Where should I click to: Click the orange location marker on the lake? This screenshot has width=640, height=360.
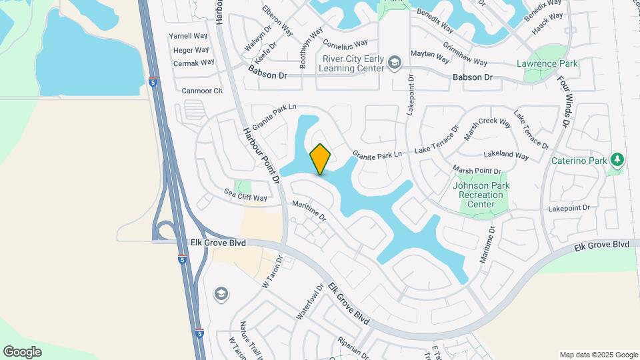[x=321, y=159]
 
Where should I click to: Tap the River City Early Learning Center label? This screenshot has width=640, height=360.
[x=353, y=63]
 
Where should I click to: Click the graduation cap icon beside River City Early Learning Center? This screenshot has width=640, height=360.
[x=395, y=63]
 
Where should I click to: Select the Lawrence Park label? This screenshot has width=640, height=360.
[x=547, y=63]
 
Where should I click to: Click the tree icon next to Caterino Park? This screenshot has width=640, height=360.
[x=617, y=160]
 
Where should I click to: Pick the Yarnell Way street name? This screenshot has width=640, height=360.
[x=189, y=36]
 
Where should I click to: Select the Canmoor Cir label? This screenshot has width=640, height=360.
[x=202, y=91]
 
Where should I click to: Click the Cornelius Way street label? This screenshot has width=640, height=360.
[x=345, y=43]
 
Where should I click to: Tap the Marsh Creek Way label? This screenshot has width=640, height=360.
[x=488, y=130]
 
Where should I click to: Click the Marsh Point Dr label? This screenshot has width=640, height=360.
[x=477, y=171]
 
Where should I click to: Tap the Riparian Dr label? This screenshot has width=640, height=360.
[x=353, y=343]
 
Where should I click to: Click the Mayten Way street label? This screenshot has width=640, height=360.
[x=430, y=53]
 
